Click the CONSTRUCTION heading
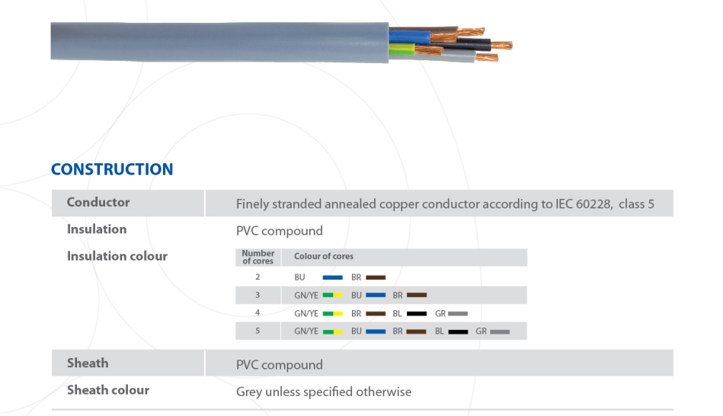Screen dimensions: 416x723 coord(112,169)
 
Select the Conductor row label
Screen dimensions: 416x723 coord(98,203)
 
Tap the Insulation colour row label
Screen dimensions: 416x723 coord(117,256)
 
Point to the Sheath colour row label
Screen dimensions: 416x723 coord(108,390)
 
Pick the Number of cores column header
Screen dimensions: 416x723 coord(258,257)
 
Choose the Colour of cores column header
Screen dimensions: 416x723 coord(324,257)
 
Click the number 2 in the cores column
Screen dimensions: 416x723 coord(258,277)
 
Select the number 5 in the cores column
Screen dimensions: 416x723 coord(258,331)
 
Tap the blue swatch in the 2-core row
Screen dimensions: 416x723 coord(332,277)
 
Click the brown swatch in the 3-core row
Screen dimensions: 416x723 coord(417,296)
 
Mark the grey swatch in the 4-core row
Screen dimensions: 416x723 coord(458,314)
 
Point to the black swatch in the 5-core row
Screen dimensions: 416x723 coord(458,332)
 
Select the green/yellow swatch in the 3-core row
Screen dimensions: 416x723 coord(332,296)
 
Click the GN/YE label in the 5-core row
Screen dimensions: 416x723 coord(306,331)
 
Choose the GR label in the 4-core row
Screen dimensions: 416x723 coord(440,313)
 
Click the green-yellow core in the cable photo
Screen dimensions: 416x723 coord(401,51)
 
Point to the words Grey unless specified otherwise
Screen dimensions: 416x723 coord(324,392)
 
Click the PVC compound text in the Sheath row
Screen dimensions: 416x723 coord(280,365)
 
